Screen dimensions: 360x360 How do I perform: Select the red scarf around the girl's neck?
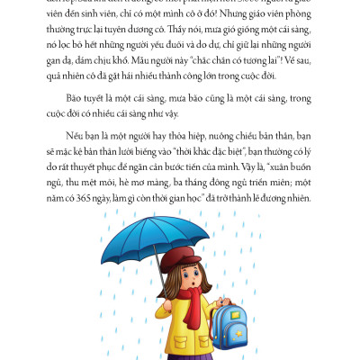[x=188, y=298]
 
